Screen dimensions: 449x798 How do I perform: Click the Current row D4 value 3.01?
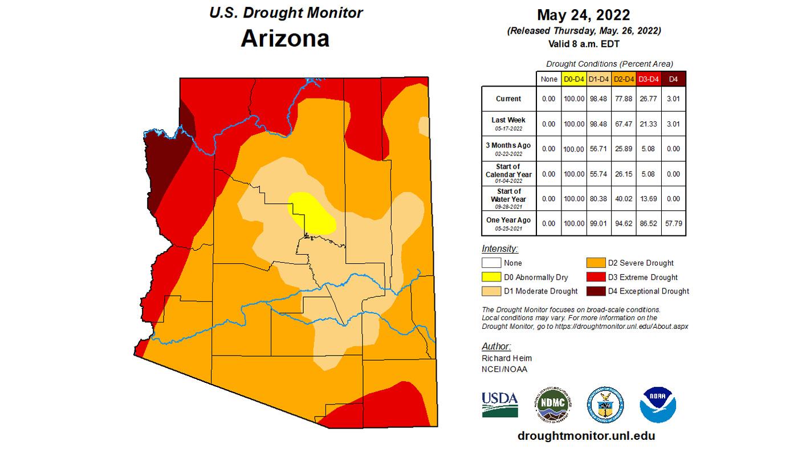pyautogui.click(x=673, y=99)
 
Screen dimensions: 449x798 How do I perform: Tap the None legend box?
pyautogui.click(x=491, y=263)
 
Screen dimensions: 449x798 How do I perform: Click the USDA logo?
pyautogui.click(x=499, y=403)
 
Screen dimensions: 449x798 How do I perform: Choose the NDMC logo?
pyautogui.click(x=552, y=403)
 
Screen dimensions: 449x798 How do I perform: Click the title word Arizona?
pyautogui.click(x=285, y=38)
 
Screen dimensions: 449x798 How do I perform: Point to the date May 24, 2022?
pyautogui.click(x=584, y=15)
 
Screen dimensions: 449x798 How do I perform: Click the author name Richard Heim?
pyautogui.click(x=506, y=358)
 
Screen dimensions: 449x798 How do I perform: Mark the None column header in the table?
pyautogui.click(x=548, y=79)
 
